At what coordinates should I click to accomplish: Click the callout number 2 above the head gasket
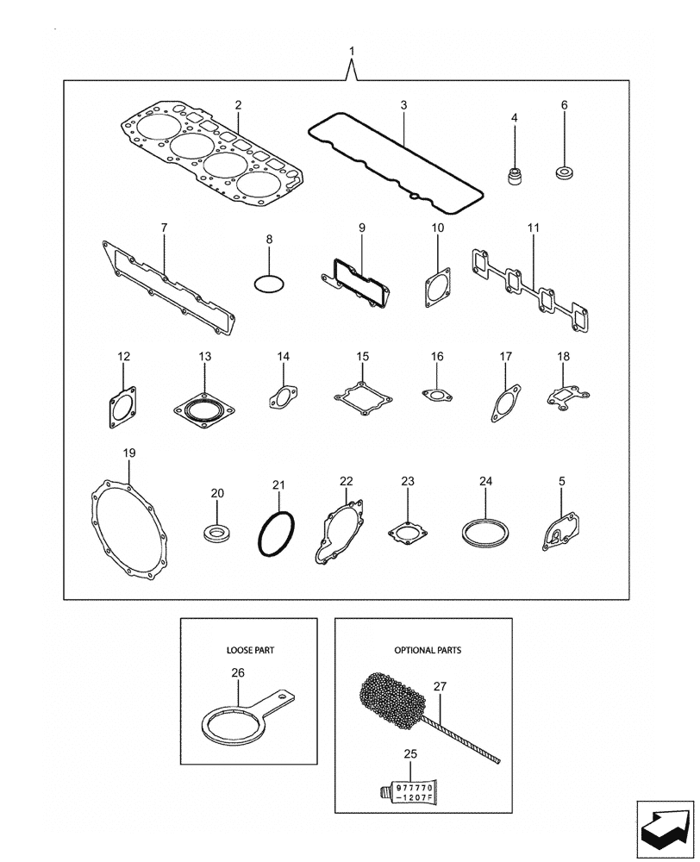click(239, 105)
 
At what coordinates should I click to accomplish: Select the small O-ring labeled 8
click(269, 283)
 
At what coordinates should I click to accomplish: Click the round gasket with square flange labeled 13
click(204, 408)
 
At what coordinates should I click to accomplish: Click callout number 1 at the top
click(352, 52)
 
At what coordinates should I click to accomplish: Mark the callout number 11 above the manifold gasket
click(533, 228)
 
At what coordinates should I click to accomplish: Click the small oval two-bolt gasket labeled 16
click(437, 396)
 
